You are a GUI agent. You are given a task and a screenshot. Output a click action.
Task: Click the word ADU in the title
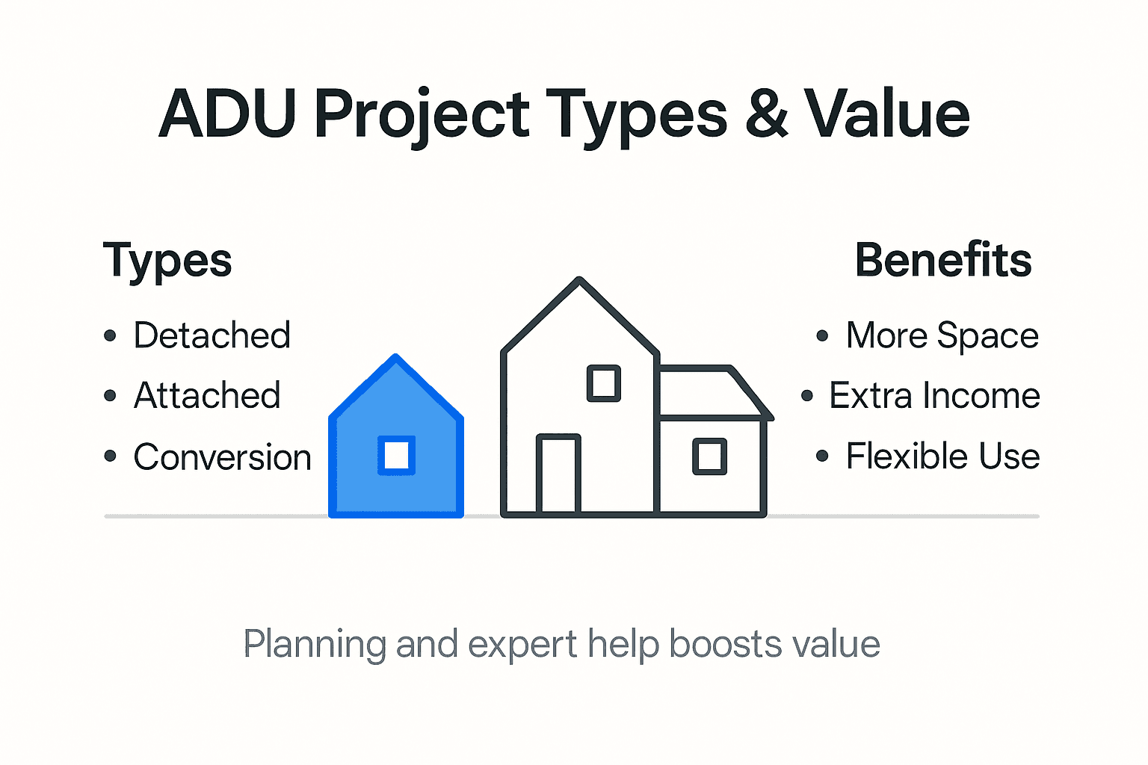click(x=228, y=114)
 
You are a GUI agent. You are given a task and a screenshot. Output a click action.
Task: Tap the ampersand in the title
click(x=766, y=114)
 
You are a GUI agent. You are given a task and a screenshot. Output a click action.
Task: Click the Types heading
click(x=167, y=261)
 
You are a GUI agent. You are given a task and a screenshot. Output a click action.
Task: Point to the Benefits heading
click(x=943, y=260)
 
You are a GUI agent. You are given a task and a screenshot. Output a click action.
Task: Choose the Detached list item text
click(x=212, y=335)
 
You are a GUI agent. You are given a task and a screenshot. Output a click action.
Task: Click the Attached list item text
click(x=207, y=395)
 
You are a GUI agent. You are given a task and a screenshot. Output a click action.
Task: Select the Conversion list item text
click(x=222, y=456)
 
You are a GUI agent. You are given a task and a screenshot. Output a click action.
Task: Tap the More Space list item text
click(x=942, y=335)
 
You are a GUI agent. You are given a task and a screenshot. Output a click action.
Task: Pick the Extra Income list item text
click(x=934, y=395)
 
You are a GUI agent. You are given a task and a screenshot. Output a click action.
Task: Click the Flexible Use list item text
click(x=942, y=456)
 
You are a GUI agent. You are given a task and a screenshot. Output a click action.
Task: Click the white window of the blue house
click(x=396, y=455)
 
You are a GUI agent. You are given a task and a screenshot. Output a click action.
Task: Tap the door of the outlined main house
click(x=558, y=474)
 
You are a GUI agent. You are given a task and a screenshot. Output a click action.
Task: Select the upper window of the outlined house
click(x=603, y=383)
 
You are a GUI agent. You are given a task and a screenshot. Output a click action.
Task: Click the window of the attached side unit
click(x=709, y=456)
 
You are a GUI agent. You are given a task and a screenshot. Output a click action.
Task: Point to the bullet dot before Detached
click(x=111, y=335)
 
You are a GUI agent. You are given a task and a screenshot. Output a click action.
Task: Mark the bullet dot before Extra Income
click(x=807, y=395)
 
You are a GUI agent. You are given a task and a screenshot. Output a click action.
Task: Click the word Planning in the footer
click(x=315, y=644)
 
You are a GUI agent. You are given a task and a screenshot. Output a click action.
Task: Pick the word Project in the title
click(x=422, y=116)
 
